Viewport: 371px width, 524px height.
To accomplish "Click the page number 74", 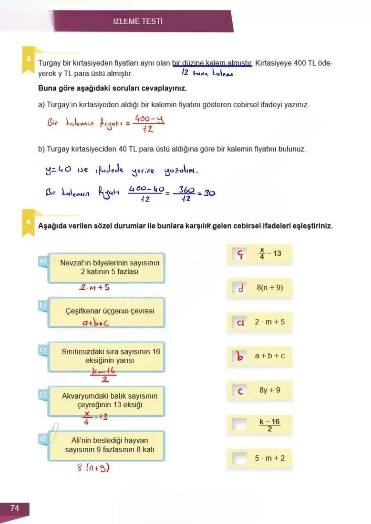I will tap(14, 509).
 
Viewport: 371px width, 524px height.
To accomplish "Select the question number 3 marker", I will tap(29, 59).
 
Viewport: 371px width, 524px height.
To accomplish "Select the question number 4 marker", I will tap(29, 222).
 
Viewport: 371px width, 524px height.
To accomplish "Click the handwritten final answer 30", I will tap(209, 193).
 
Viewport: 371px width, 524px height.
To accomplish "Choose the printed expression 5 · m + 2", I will tap(269, 458).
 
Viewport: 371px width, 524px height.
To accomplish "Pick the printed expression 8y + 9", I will tap(270, 390).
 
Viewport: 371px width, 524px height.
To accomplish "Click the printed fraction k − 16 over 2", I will tap(270, 424).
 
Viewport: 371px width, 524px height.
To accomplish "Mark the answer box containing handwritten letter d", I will tap(240, 288).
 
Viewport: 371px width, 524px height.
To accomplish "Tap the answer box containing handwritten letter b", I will tap(240, 356).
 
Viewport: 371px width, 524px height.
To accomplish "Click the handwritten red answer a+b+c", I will tap(96, 323).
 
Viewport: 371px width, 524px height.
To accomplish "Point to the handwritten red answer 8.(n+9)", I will tap(93, 468).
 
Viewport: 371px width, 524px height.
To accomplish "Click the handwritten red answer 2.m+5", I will tap(94, 288).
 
